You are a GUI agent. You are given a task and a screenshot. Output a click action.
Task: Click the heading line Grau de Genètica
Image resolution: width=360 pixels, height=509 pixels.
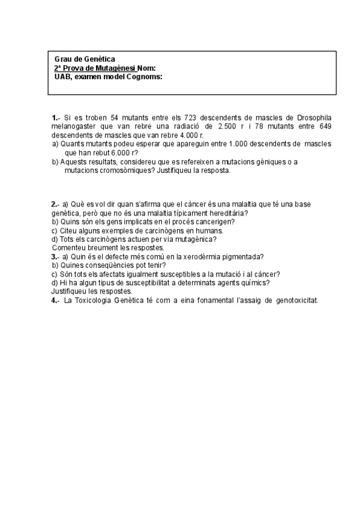80,60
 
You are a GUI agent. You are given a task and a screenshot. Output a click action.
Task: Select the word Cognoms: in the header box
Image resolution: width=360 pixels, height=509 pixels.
145,77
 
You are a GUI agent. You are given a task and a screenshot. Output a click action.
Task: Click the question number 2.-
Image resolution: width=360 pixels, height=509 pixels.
55,205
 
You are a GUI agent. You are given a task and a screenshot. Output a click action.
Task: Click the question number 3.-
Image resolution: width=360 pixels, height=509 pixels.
55,257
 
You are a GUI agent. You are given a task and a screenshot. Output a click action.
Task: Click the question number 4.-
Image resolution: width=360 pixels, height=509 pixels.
55,300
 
